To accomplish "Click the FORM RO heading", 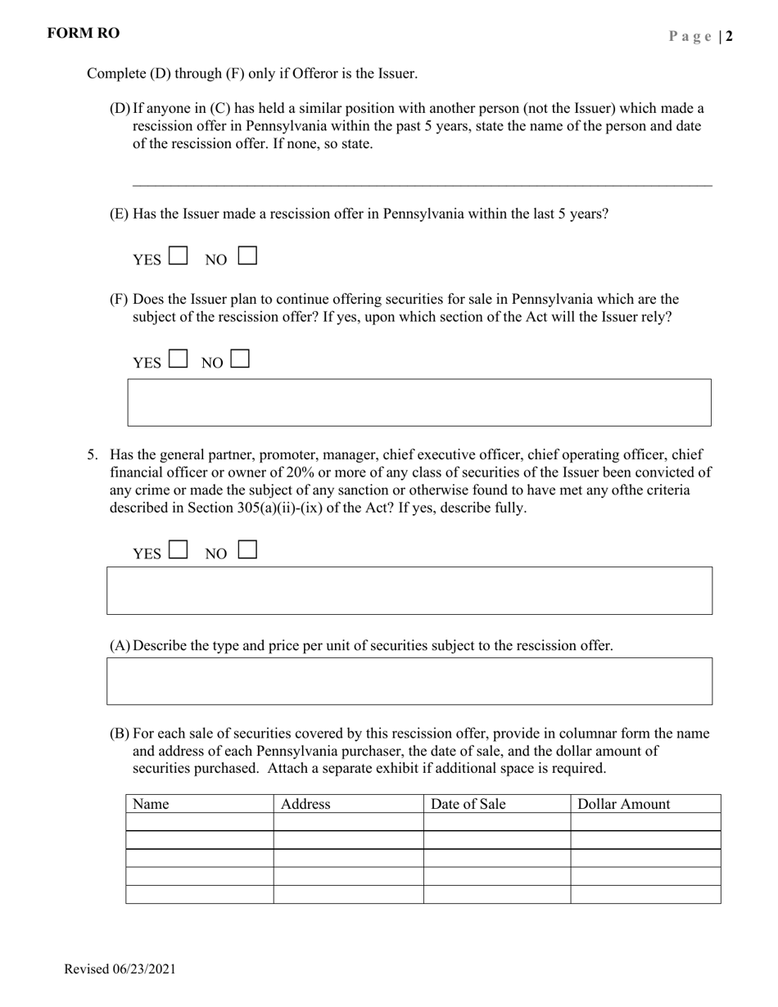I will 84,34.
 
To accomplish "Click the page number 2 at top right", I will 729,36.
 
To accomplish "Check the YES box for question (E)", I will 178,256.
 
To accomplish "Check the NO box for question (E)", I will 247,256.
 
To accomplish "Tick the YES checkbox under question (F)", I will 178,359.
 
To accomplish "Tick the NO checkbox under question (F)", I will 240,359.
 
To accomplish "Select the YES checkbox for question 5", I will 178,550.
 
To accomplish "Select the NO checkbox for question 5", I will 247,550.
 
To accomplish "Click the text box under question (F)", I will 419,402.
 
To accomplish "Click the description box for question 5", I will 409,590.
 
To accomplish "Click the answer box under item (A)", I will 409,680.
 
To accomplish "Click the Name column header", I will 151,804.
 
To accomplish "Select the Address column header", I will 305,804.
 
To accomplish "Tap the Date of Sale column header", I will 468,804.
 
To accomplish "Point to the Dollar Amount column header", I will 624,804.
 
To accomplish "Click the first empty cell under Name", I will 199,822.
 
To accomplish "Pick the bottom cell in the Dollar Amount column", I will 645,894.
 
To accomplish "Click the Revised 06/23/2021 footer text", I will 120,969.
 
